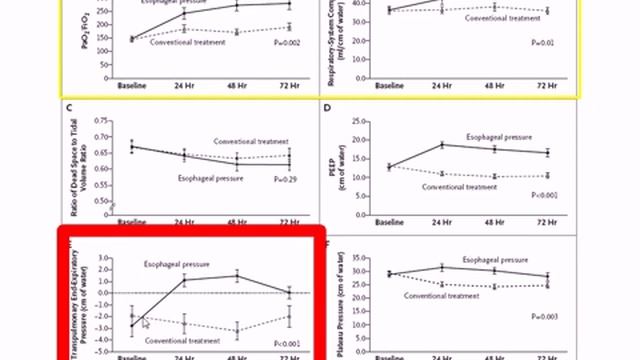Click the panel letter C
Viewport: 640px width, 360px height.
(69, 107)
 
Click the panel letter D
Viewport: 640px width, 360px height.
(327, 107)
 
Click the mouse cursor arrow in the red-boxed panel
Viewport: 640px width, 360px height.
(144, 322)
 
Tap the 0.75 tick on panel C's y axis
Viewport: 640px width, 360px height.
(101, 120)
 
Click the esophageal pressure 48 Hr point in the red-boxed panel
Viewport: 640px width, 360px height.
(237, 276)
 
